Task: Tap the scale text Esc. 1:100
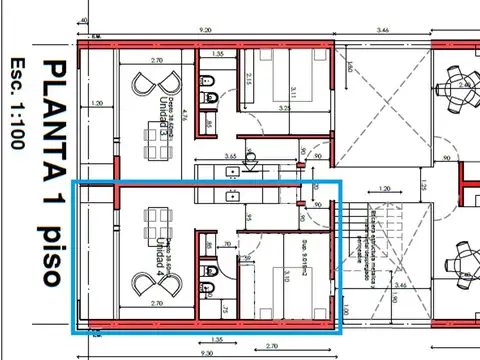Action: point(15,103)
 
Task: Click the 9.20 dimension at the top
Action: point(204,31)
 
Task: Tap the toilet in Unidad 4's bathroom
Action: point(206,289)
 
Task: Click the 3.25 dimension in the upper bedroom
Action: point(284,107)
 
